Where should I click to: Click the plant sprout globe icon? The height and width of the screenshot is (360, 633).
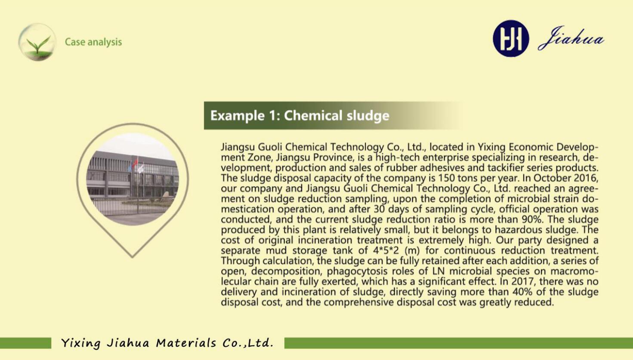37,42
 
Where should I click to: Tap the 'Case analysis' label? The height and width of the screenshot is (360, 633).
93,42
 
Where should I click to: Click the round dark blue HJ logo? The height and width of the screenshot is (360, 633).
511,38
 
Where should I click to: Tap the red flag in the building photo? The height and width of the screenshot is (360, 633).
135,163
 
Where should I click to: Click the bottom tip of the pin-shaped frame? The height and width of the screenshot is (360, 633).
132,257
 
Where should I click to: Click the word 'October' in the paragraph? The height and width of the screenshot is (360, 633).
545,178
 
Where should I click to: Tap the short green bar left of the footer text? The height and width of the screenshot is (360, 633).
26,343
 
